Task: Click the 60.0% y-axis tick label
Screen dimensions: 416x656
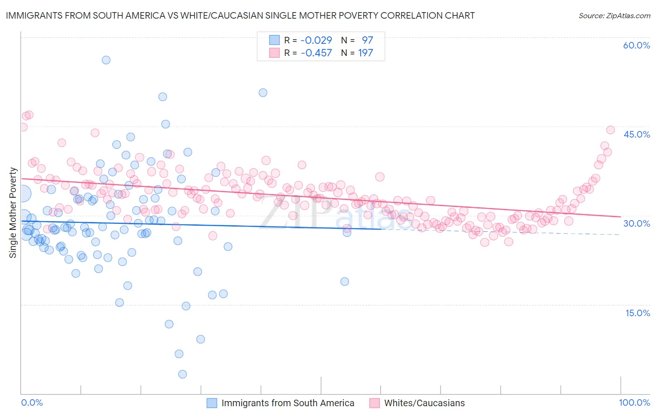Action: pyautogui.click(x=636, y=45)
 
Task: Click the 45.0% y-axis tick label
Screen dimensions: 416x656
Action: pyautogui.click(x=636, y=134)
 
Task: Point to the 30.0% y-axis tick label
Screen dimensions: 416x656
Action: pyautogui.click(x=636, y=223)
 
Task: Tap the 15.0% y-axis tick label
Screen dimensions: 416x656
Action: pyautogui.click(x=637, y=313)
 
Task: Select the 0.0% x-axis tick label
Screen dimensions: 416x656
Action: pyautogui.click(x=32, y=403)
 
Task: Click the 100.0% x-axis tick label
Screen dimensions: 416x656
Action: pyautogui.click(x=634, y=403)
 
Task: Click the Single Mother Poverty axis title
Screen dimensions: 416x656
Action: pyautogui.click(x=13, y=213)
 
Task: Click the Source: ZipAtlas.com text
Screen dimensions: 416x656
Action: pyautogui.click(x=614, y=16)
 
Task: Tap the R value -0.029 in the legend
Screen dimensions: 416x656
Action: pyautogui.click(x=316, y=40)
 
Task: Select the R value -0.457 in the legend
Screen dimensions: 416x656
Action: pyautogui.click(x=316, y=53)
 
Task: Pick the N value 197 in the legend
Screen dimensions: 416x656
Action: pyautogui.click(x=365, y=53)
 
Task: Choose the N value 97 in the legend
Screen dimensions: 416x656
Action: pyautogui.click(x=367, y=40)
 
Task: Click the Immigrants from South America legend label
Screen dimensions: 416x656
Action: pyautogui.click(x=287, y=403)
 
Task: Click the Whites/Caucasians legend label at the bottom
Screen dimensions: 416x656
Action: pyautogui.click(x=424, y=403)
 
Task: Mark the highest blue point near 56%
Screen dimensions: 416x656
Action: pyautogui.click(x=106, y=60)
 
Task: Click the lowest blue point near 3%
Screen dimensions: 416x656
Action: pyautogui.click(x=182, y=374)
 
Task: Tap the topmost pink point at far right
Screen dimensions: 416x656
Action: pyautogui.click(x=610, y=130)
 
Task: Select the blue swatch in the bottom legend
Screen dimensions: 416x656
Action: pyautogui.click(x=212, y=403)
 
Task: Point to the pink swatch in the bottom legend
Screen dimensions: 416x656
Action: pyautogui.click(x=375, y=403)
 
